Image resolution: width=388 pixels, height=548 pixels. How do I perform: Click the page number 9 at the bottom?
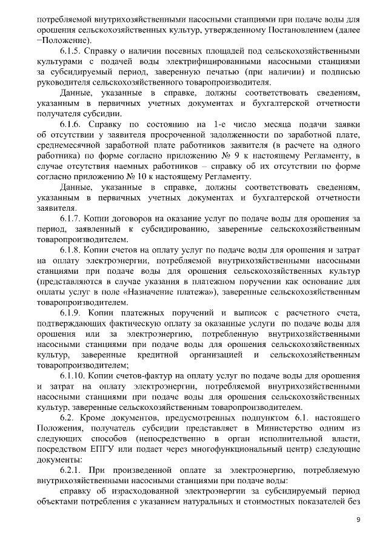coord(358,520)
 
